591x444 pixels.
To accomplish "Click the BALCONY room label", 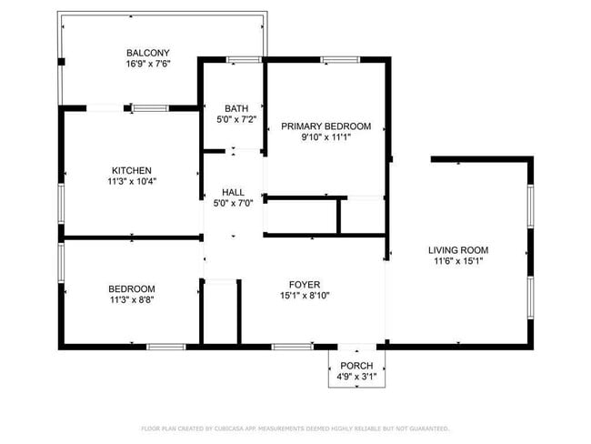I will click(148, 53).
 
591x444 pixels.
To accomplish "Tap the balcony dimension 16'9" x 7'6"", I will click(148, 64).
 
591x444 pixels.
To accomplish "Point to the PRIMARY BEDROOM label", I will click(326, 126).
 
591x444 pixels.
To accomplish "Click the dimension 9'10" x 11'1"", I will click(326, 137).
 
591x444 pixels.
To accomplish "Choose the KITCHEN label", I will click(131, 170).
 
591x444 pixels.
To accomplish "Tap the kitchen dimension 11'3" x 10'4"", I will click(131, 182).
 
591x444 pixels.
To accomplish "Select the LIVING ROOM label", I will click(459, 250).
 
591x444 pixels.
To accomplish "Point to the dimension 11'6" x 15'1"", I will click(459, 262).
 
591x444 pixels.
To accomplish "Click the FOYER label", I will click(304, 284).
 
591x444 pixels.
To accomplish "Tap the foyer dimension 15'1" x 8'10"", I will click(304, 295).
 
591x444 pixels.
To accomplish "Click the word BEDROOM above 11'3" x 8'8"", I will click(132, 288).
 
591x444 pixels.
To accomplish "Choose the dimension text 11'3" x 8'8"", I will click(132, 299).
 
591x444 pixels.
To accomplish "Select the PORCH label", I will click(356, 366).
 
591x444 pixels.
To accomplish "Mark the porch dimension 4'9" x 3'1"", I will click(356, 377).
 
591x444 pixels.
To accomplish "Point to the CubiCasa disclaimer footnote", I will click(295, 429).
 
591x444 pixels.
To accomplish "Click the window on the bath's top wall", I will click(242, 60).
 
